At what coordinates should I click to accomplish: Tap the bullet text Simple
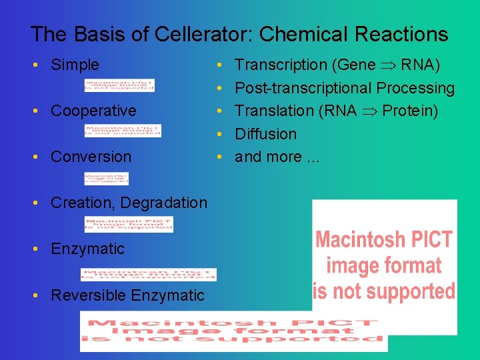point(75,65)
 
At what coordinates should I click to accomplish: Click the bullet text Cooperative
point(93,111)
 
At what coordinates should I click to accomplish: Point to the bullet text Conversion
point(91,157)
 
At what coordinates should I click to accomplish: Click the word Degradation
point(171,203)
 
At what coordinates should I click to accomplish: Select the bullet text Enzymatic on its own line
point(87,249)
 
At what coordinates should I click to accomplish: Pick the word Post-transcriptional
point(303,88)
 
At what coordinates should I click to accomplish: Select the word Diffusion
point(265,134)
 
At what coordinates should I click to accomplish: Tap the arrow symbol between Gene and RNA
point(388,65)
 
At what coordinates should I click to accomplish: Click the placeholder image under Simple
point(120,85)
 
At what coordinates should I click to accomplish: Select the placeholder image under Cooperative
point(123,131)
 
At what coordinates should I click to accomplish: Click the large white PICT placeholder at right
point(385,266)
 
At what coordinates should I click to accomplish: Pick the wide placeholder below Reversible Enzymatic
point(233,331)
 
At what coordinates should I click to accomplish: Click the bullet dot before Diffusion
point(220,134)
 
